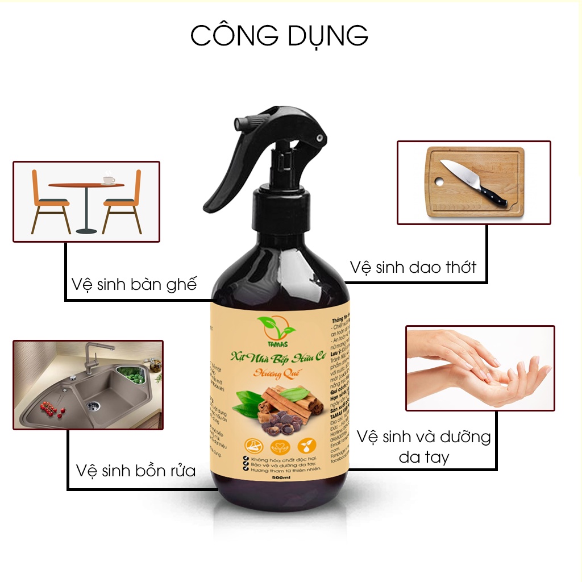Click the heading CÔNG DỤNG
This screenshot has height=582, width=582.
(x=279, y=35)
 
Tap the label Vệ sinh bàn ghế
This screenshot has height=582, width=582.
(x=134, y=284)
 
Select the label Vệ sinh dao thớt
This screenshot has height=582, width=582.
(x=413, y=267)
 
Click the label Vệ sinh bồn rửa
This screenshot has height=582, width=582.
(x=135, y=471)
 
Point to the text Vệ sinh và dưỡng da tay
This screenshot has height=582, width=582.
(x=423, y=446)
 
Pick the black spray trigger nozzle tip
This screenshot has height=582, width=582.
(x=322, y=137)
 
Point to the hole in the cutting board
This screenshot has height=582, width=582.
(x=438, y=182)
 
